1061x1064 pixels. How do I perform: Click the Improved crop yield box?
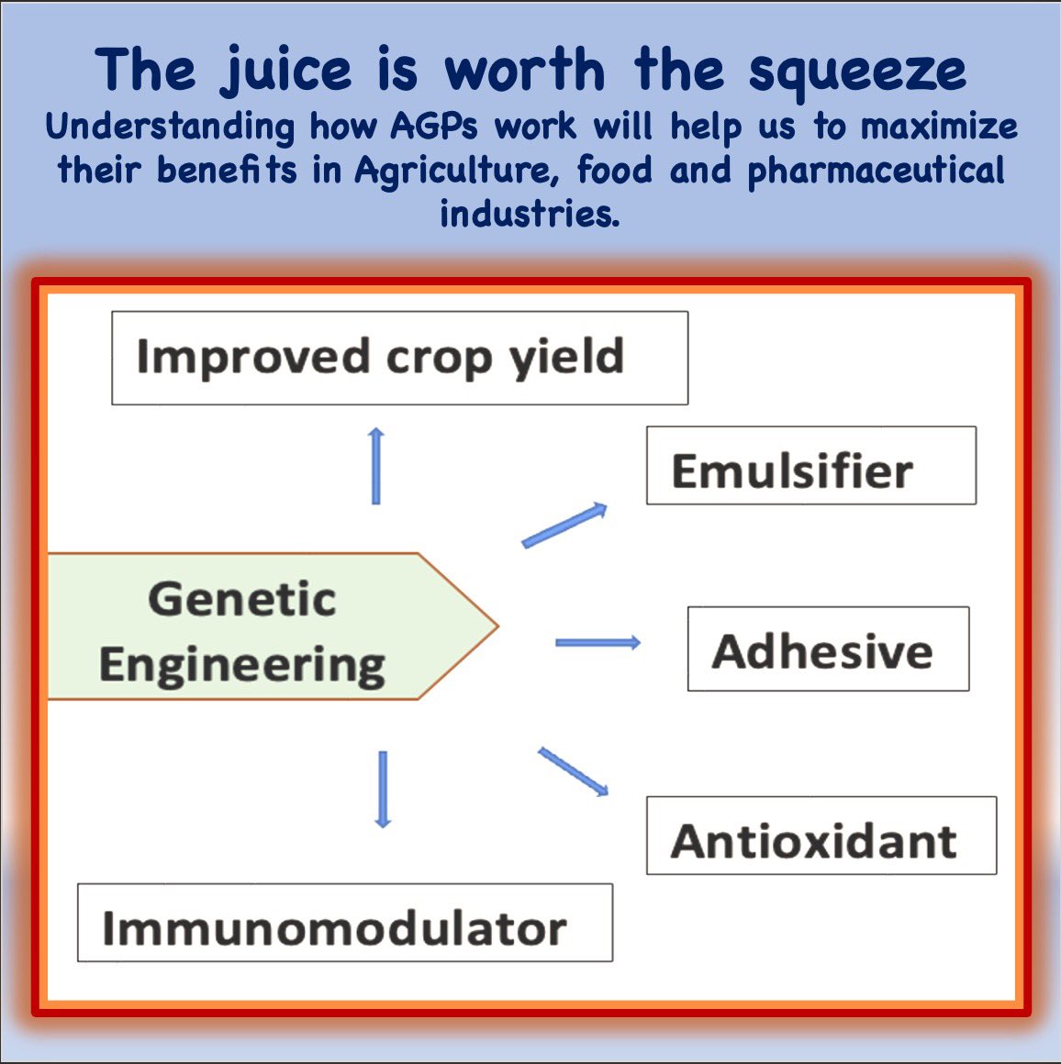point(399,358)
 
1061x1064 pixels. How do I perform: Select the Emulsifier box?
point(810,465)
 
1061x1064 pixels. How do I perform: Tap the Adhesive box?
point(828,648)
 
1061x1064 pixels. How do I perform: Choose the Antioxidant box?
point(821,836)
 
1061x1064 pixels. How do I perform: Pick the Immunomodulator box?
point(344,923)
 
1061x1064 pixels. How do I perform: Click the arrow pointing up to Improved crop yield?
point(375,465)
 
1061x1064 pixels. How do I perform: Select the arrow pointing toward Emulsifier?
point(564,526)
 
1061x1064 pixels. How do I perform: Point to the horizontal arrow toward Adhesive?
point(598,642)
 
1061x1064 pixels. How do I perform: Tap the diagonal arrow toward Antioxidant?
point(573,771)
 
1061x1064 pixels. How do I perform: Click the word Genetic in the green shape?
point(242,600)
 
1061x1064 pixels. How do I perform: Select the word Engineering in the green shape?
point(242,665)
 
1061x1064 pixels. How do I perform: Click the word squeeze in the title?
point(857,72)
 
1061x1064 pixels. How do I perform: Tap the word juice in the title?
point(286,72)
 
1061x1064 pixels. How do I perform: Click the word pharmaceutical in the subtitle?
point(877,171)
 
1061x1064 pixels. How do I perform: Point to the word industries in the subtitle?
point(530,213)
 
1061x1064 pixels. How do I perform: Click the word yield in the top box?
point(567,357)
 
